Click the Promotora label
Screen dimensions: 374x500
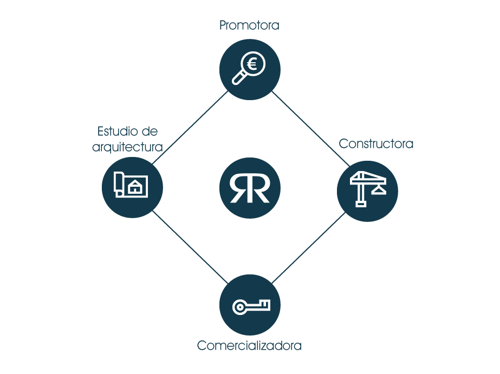click(x=249, y=25)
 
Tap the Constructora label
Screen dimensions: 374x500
click(x=376, y=144)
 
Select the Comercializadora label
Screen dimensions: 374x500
click(x=249, y=345)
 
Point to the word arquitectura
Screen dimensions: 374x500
click(x=128, y=147)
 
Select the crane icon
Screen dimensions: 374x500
click(x=367, y=188)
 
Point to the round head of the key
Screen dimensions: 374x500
click(x=239, y=307)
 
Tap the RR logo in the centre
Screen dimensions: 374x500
click(x=250, y=188)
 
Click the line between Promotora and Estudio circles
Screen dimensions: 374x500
click(x=190, y=129)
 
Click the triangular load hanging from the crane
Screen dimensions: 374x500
click(x=378, y=188)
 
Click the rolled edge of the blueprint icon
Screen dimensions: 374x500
click(x=118, y=183)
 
